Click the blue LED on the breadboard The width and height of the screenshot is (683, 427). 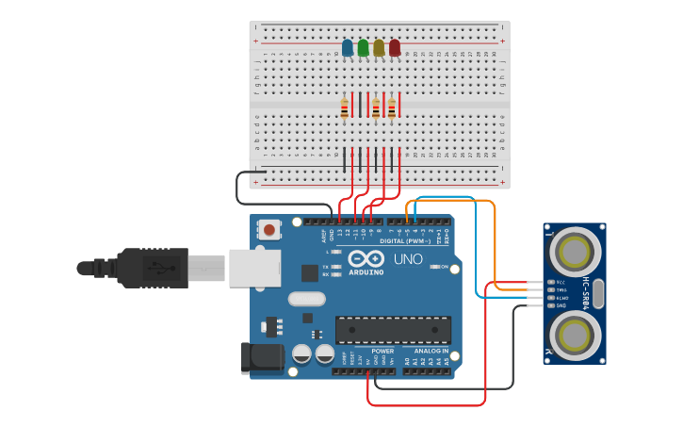coord(348,47)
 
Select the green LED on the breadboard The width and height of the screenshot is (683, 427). coord(364,47)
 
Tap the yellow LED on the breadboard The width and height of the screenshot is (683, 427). coord(379,47)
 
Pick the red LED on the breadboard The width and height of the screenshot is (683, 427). coord(395,47)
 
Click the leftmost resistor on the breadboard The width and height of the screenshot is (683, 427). coord(345,108)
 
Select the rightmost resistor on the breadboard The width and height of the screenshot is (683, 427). coord(392,108)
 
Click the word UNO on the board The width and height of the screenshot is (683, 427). coord(407,259)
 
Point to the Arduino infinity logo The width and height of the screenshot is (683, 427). coord(366,258)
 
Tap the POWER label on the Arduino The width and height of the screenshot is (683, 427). coord(382,351)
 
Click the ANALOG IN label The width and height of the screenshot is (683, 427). coord(432,351)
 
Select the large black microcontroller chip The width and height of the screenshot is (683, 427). coord(393,330)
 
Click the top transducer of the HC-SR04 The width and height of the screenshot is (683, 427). coord(574,252)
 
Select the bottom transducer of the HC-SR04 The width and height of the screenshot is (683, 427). coord(574,334)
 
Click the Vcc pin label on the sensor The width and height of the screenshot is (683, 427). coord(561,282)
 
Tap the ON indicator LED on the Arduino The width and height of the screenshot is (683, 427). coord(435,267)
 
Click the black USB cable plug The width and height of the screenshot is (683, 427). coord(155,268)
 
